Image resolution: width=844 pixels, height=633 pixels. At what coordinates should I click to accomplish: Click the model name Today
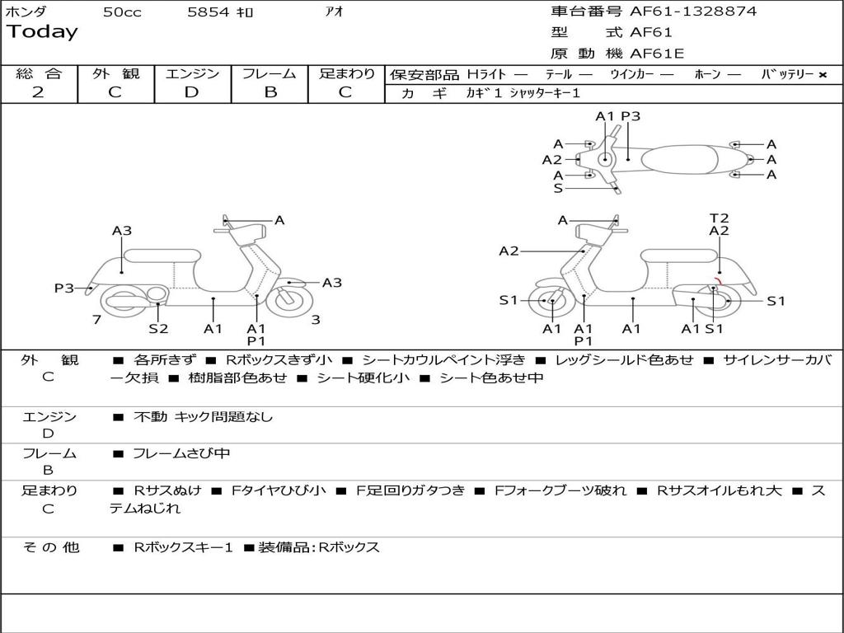[42, 32]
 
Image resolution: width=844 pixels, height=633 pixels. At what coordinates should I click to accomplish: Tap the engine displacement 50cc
[122, 12]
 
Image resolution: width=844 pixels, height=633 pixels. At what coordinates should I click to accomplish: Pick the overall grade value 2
[38, 92]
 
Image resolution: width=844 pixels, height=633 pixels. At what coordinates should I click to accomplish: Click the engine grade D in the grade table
[191, 92]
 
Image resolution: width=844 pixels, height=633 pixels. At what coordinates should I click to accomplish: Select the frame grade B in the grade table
[270, 92]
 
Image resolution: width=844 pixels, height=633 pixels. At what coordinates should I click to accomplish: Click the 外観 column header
[115, 73]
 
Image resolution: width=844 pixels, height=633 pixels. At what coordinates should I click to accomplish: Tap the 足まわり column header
[346, 73]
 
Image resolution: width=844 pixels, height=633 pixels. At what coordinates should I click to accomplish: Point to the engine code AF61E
[657, 54]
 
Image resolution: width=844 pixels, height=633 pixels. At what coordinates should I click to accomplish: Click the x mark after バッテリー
[822, 75]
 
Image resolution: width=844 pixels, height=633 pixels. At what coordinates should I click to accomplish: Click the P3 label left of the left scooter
[64, 288]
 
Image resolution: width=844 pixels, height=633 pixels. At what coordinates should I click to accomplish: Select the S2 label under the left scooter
[158, 328]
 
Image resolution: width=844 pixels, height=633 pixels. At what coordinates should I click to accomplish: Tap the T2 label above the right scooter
[719, 218]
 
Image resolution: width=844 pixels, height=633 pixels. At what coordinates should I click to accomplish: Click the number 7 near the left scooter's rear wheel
[97, 320]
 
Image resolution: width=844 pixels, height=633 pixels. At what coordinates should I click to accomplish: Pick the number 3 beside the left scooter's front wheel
[316, 320]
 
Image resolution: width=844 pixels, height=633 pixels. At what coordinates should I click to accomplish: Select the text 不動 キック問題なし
[203, 417]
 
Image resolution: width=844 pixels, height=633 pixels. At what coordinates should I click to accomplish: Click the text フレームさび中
[181, 453]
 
